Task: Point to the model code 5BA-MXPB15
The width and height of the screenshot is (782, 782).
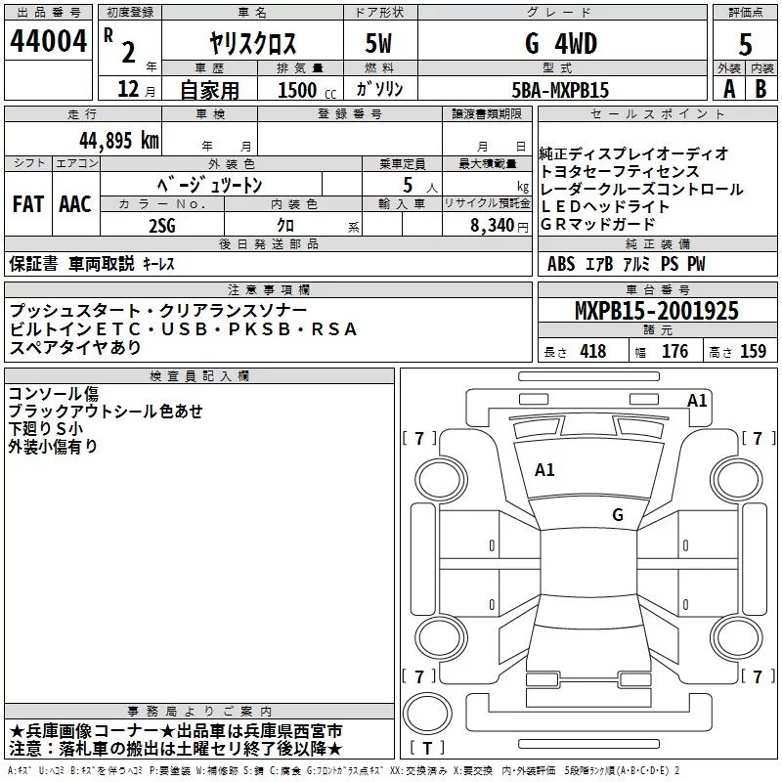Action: [560, 90]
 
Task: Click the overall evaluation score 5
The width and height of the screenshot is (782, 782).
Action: [745, 43]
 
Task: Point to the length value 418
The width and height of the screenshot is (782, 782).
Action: [592, 352]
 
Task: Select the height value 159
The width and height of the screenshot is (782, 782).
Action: [753, 352]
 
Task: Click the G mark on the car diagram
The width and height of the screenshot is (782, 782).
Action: [617, 514]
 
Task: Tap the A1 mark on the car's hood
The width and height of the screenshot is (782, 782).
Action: [544, 470]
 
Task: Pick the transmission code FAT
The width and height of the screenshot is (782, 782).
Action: [28, 204]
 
